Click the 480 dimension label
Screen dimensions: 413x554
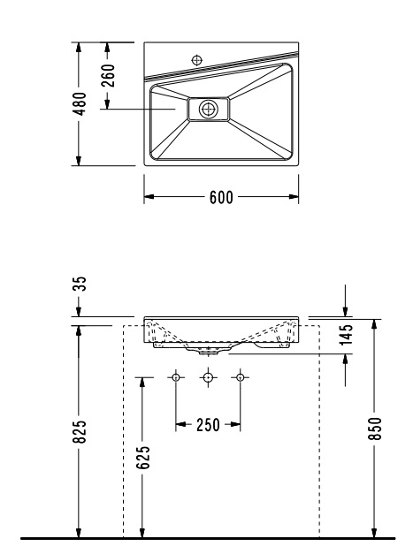pos(80,104)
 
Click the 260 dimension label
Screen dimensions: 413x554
pos(108,75)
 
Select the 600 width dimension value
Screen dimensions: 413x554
pos(221,197)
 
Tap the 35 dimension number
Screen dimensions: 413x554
pos(80,284)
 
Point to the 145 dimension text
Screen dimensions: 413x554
pos(347,333)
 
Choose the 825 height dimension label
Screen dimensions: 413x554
pos(80,431)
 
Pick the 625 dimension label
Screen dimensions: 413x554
pos(143,458)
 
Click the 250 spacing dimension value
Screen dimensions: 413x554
pos(208,425)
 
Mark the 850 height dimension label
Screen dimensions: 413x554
pos(376,429)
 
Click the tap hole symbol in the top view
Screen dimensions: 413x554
pos(197,60)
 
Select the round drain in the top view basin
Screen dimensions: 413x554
pos(208,109)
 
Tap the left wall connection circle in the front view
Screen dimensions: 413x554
pos(176,377)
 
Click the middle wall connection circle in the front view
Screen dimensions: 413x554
pos(208,377)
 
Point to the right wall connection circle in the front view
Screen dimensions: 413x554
pos(240,377)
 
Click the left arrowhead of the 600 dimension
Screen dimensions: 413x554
pos(149,197)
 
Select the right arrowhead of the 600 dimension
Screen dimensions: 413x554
pos(294,197)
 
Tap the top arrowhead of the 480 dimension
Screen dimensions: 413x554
pos(79,48)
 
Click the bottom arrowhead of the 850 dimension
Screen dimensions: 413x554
pos(375,533)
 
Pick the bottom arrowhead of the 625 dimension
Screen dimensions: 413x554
pos(142,533)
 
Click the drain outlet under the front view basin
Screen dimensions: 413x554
pos(208,351)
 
